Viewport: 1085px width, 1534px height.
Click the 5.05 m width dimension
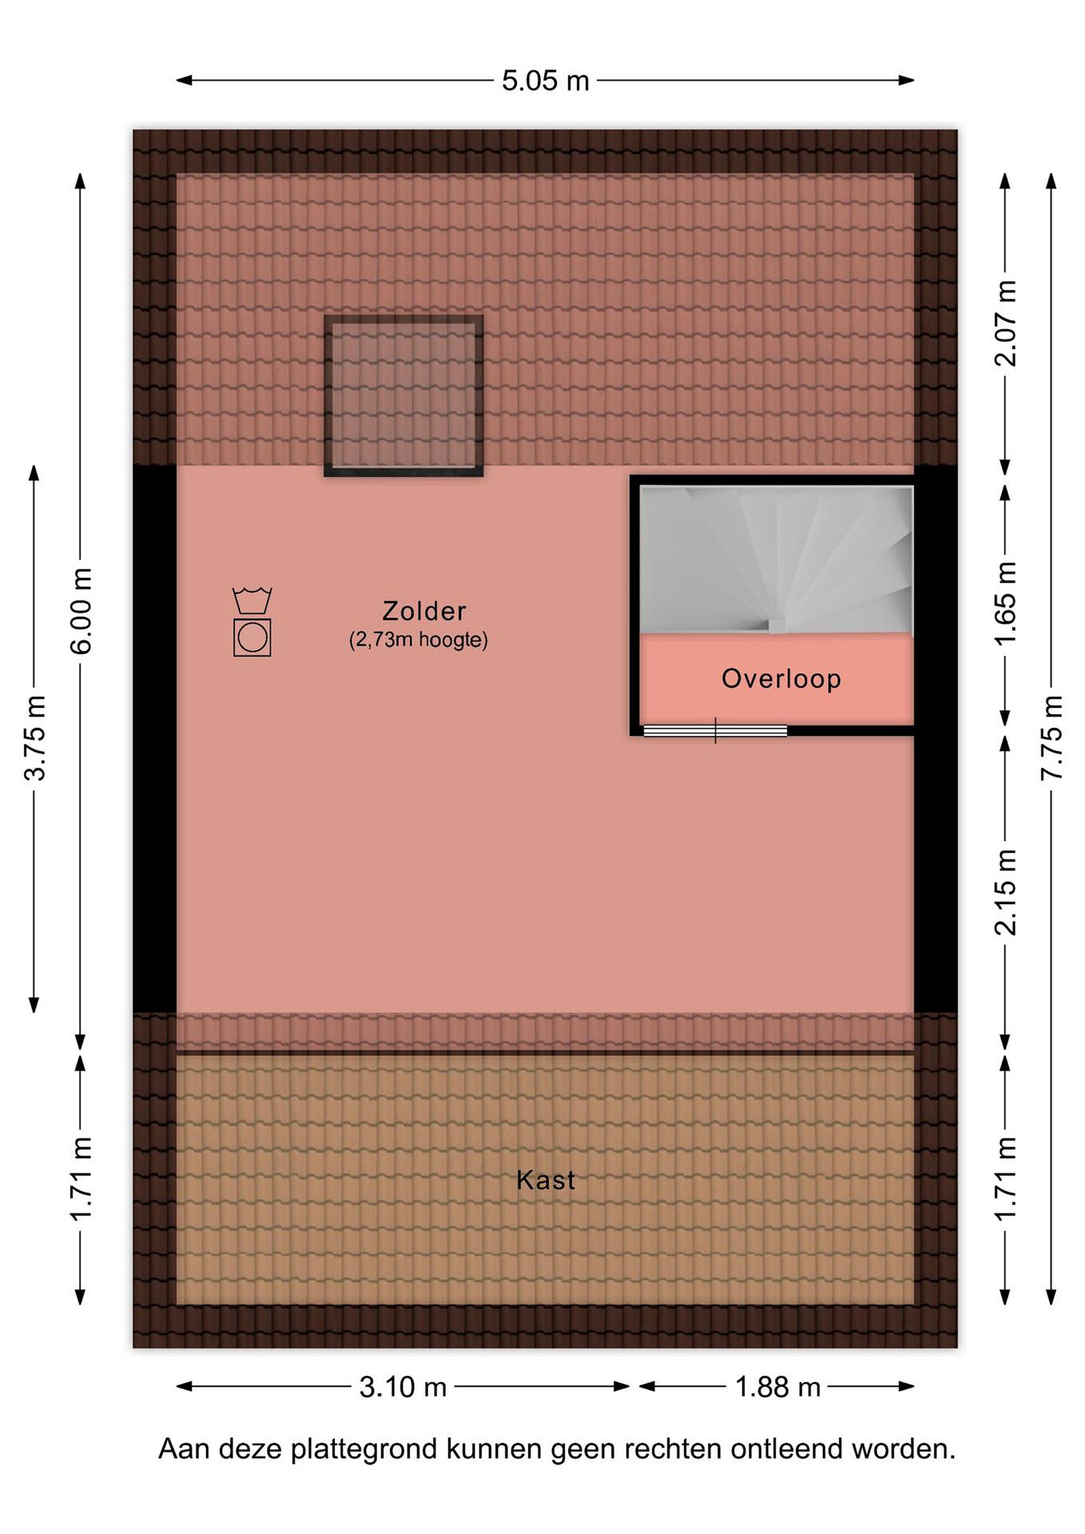(545, 81)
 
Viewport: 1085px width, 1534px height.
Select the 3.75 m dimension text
(34, 738)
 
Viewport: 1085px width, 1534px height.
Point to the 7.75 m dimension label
(1051, 738)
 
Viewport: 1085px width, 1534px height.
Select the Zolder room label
(423, 610)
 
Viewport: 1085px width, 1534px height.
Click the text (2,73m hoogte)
(418, 640)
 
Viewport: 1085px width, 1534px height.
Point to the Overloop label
(781, 679)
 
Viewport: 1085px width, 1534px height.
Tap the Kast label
(545, 1180)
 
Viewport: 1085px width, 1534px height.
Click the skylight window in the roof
(404, 396)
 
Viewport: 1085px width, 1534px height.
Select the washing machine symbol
(252, 638)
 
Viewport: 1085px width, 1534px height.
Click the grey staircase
(777, 560)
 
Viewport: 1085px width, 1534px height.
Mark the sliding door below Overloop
(715, 730)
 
